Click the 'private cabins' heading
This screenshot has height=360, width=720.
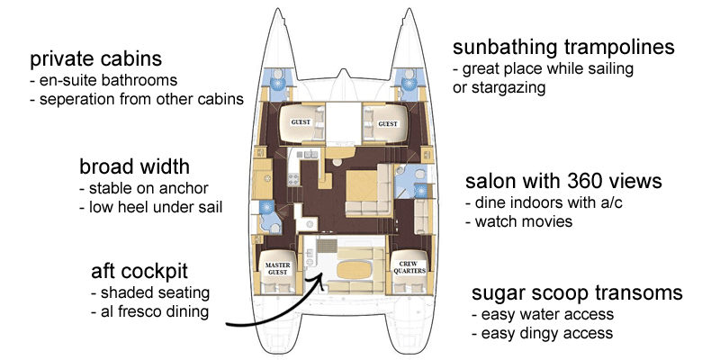tap(95, 59)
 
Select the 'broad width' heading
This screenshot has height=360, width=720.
tap(134, 167)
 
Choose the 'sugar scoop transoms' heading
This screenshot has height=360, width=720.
tap(577, 293)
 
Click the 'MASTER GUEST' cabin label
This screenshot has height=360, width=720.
tap(275, 263)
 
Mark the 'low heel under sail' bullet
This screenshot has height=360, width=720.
tap(151, 208)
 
